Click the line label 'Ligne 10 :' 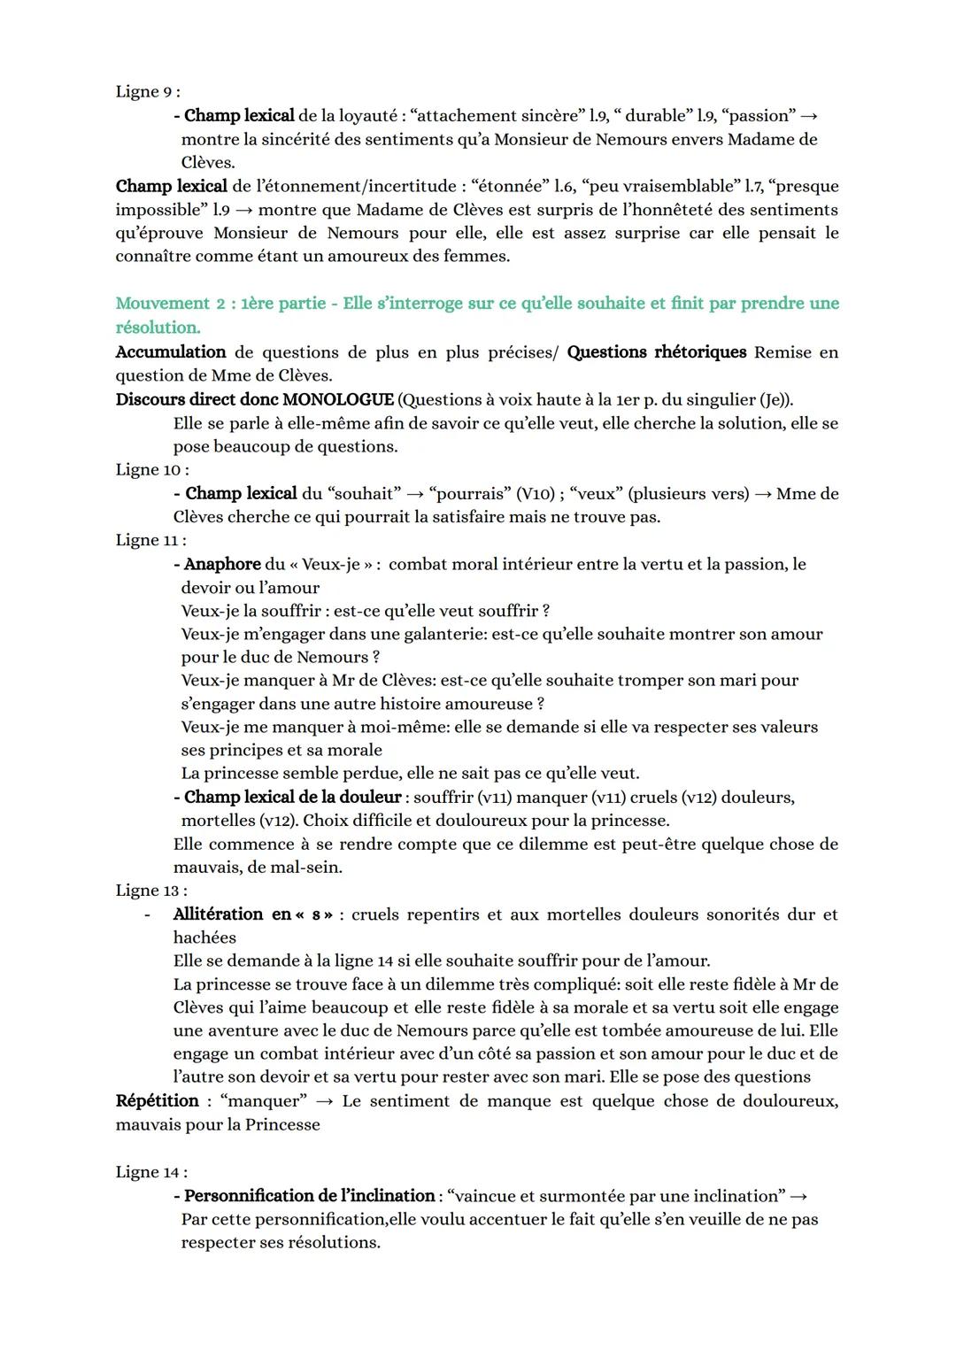(151, 469)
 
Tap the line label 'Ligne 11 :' (150, 540)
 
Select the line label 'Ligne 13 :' (151, 891)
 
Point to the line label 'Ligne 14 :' (151, 1172)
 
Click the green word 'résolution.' (158, 328)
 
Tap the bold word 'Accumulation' (171, 352)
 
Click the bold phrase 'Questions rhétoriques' (657, 352)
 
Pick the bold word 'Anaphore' (222, 564)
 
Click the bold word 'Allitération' (218, 914)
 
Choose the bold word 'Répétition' (158, 1101)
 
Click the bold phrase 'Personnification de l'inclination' (309, 1196)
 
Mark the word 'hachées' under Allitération (204, 937)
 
